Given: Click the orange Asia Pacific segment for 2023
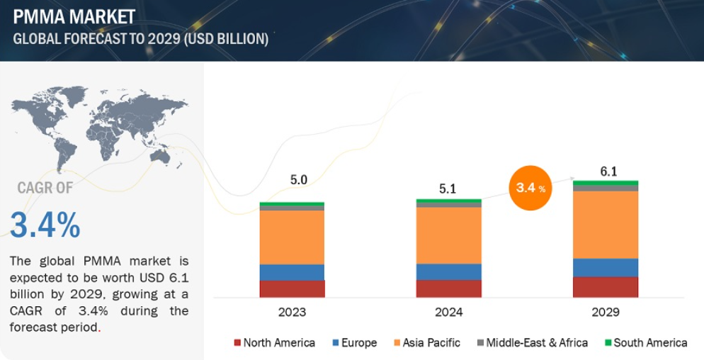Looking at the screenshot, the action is [292, 237].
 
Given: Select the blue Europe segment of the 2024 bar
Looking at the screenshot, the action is [448, 272].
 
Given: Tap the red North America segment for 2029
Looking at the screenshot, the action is [606, 287].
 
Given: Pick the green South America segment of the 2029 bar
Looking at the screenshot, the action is [606, 183].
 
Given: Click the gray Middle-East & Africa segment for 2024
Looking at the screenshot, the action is [448, 205].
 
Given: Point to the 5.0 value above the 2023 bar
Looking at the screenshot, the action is [299, 180].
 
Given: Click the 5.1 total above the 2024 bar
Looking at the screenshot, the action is [448, 189].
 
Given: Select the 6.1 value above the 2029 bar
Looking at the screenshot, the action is [608, 171].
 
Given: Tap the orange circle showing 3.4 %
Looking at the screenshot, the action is [530, 187].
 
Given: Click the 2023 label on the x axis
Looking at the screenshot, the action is [293, 312].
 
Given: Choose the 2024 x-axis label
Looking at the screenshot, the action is [448, 312].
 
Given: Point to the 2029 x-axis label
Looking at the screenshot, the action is [606, 312].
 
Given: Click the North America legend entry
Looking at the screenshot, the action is [274, 343].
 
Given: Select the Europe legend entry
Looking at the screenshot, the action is [355, 343].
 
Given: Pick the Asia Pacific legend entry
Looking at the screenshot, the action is [427, 343].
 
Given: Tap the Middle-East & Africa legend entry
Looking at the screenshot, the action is [533, 343].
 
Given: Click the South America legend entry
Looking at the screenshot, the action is [646, 343].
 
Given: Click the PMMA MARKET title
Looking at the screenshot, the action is [74, 17].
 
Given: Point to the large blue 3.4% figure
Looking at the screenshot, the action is [45, 225].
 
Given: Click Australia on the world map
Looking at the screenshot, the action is [160, 157].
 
